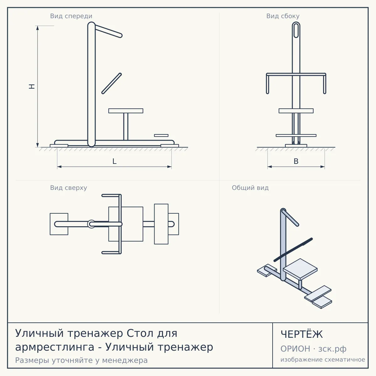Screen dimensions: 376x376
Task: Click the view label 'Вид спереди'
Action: [71, 16]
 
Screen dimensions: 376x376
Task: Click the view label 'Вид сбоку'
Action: [283, 16]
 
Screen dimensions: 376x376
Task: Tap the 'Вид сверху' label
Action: [69, 188]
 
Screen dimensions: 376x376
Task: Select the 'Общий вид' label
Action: [250, 188]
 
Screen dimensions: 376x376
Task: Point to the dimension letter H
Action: [32, 86]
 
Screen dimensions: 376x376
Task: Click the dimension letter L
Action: [115, 161]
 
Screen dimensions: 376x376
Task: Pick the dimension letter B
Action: [296, 161]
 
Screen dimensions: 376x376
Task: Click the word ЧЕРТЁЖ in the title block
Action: [302, 334]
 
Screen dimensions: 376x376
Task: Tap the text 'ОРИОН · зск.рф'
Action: [313, 349]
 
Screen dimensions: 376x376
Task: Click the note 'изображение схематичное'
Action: [323, 359]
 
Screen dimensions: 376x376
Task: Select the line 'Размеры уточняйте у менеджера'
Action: [81, 360]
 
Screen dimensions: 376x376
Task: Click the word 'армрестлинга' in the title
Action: [55, 347]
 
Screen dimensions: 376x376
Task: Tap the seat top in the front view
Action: [126, 111]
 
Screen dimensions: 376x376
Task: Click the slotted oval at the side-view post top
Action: [296, 30]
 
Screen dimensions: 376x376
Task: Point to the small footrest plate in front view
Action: [161, 135]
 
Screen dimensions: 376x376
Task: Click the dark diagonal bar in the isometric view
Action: [293, 249]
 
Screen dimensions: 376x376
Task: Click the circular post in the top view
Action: [91, 224]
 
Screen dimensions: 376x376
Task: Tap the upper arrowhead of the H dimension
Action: [38, 28]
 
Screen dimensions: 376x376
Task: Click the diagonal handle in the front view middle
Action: [112, 84]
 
